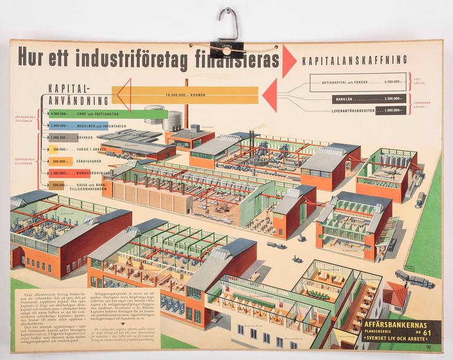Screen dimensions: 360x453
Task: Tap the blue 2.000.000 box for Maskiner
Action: click(x=61, y=126)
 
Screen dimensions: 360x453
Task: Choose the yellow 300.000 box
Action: click(x=58, y=149)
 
